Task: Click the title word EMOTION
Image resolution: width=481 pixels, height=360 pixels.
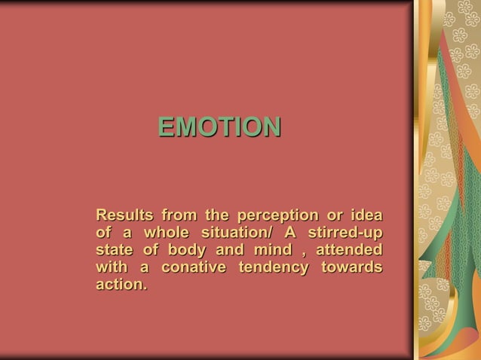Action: point(219,127)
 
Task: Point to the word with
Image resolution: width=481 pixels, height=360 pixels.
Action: point(112,267)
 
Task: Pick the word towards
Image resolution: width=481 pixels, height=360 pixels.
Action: point(351,267)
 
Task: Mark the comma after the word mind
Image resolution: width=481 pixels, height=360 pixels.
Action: point(295,251)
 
